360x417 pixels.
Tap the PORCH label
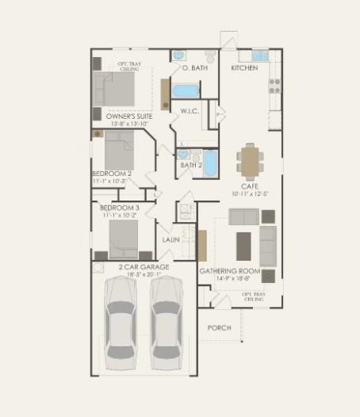point(219,327)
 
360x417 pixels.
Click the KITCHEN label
point(244,69)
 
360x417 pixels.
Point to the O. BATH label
point(194,69)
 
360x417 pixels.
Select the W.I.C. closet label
point(190,111)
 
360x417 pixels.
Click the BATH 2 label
point(191,166)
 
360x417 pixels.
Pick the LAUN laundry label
point(171,239)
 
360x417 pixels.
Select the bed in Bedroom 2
point(121,151)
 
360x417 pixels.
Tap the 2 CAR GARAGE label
point(144,268)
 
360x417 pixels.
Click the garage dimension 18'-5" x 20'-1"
point(144,276)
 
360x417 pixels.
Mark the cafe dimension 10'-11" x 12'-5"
point(251,194)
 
